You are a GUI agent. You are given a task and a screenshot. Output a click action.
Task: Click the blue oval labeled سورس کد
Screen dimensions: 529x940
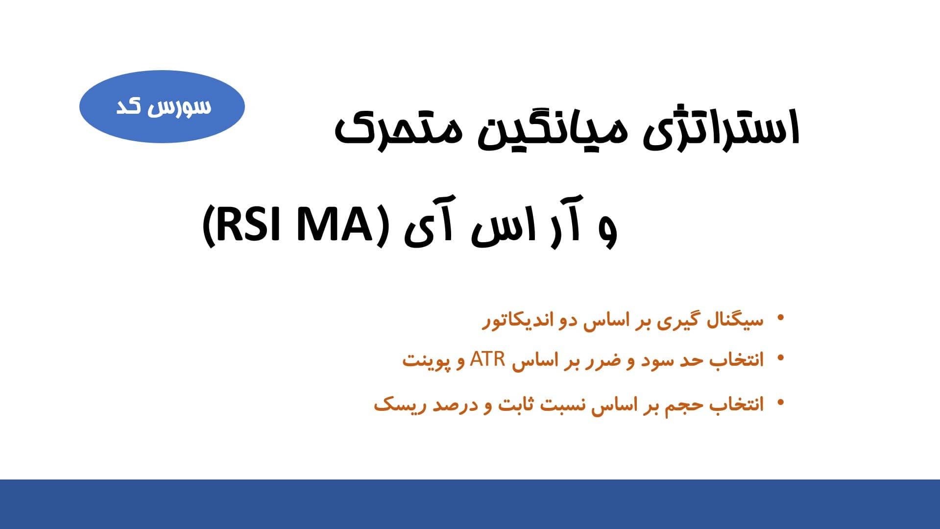tap(162, 106)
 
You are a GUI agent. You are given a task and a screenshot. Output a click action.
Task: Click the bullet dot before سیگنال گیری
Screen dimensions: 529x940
tap(781, 318)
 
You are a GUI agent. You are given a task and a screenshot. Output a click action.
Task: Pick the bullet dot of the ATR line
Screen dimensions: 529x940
tap(781, 358)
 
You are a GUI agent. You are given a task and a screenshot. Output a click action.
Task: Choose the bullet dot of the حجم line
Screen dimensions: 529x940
tap(781, 403)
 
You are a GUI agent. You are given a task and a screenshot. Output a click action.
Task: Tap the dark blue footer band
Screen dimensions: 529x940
tap(470, 504)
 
